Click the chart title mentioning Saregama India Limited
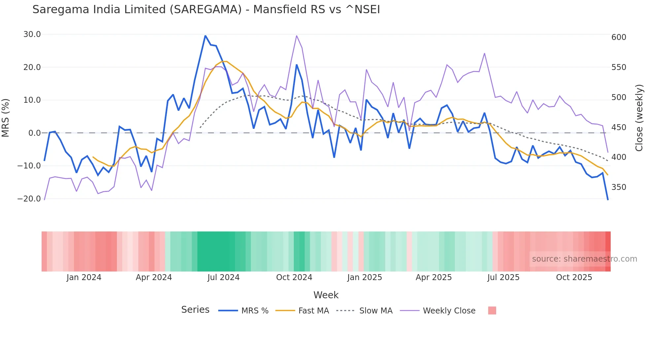[206, 10]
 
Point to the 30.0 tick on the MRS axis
[32, 34]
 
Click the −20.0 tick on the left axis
[29, 199]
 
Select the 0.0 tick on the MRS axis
[34, 133]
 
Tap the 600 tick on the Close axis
[619, 37]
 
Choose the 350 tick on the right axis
[619, 187]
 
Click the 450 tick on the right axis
[619, 127]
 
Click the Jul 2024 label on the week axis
[223, 277]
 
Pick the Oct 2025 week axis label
[574, 277]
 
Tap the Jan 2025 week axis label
[364, 277]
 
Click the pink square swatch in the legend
[492, 310]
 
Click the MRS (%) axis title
[6, 118]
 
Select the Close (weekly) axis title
[639, 118]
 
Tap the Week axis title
[326, 295]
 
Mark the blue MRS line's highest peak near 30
[205, 36]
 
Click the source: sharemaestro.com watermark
[584, 259]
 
